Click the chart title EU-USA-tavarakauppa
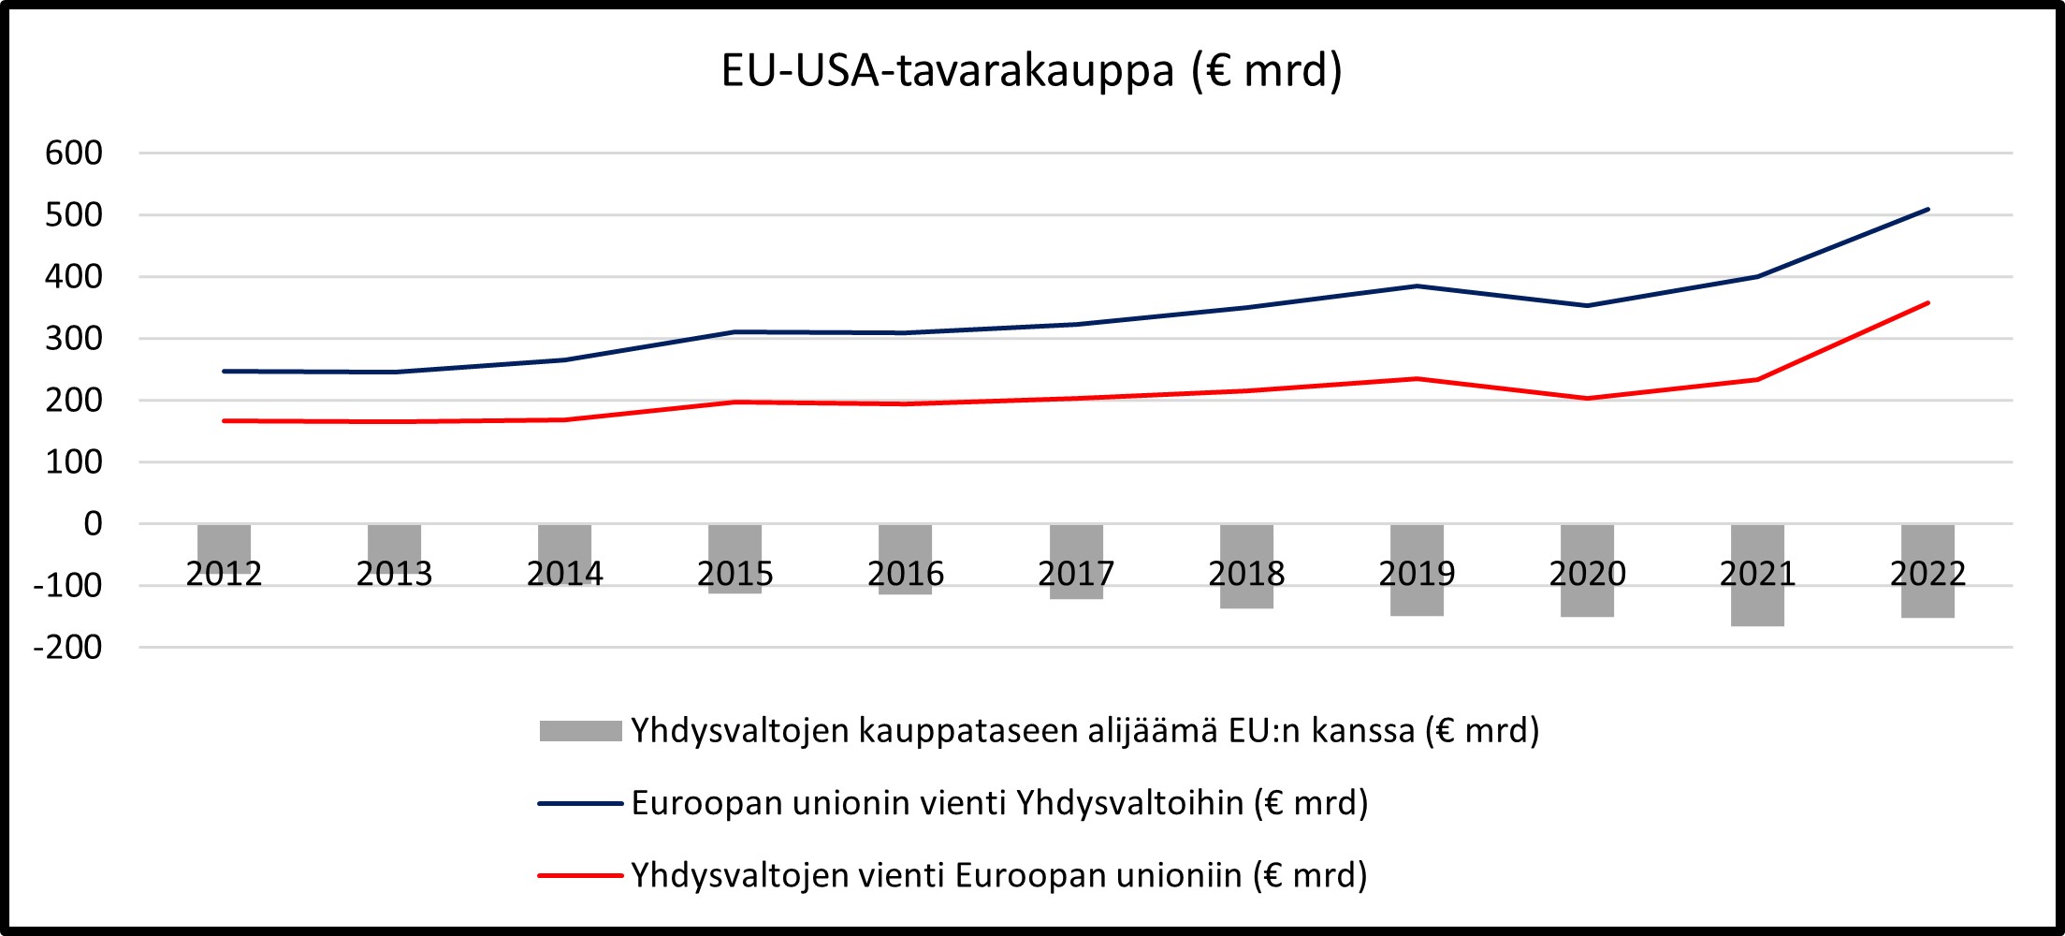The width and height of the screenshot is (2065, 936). point(1031,71)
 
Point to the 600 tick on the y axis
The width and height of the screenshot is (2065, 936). point(74,153)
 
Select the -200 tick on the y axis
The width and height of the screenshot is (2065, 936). point(67,647)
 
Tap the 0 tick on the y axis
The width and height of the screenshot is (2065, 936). point(93,524)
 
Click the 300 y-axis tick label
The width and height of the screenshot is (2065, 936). point(74,339)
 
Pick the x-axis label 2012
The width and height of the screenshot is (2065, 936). point(224,574)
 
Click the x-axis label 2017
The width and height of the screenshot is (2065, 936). point(1076,574)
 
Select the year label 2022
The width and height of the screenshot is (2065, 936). point(1927,574)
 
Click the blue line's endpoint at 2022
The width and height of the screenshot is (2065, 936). point(1927,210)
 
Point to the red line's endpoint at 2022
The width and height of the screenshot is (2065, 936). point(1927,303)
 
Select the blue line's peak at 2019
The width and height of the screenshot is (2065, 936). point(1417,286)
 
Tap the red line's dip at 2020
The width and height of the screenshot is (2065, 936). point(1587,399)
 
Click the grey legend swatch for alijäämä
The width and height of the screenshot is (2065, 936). point(580,731)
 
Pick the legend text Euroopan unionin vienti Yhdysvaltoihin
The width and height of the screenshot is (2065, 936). point(999,803)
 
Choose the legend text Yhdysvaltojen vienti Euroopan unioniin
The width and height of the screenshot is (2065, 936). point(998,875)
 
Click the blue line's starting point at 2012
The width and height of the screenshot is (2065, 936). point(224,372)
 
